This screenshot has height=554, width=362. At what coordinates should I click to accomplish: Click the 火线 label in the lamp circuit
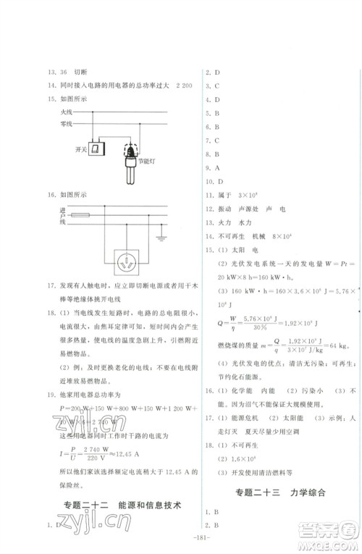point(67,113)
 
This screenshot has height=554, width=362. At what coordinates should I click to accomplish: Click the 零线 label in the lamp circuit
point(67,125)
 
